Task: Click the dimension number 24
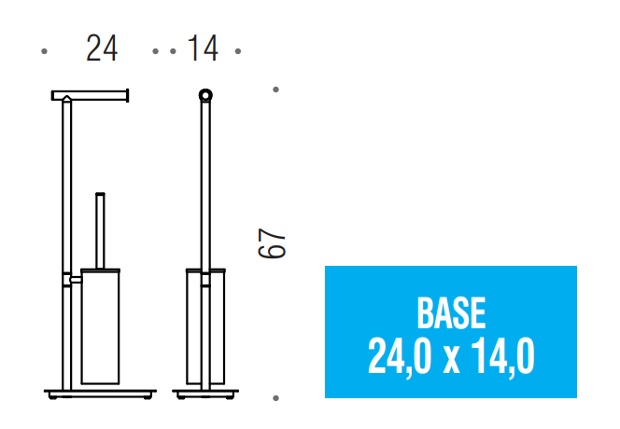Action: coord(102,48)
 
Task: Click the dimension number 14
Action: coord(203,48)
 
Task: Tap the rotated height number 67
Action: coord(271,243)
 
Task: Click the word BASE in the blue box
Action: coord(451,313)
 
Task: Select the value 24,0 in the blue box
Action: coord(400,356)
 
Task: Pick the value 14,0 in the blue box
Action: coord(502,356)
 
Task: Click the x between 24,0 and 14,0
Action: coord(451,361)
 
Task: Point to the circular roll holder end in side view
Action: coord(205,95)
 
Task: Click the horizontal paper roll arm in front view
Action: coord(90,96)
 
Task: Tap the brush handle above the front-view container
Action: coord(101,230)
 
